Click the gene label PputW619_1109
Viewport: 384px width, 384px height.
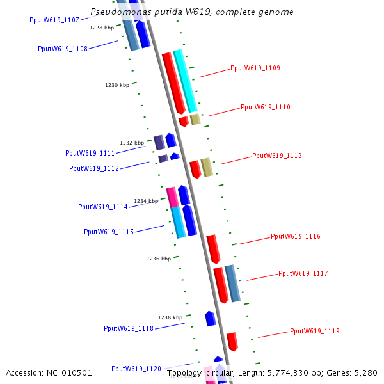(x=255, y=68)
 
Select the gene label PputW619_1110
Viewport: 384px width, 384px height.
(x=265, y=108)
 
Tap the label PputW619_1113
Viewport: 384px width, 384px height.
(x=276, y=156)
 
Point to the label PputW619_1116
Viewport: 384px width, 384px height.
(x=295, y=237)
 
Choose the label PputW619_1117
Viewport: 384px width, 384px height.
(x=303, y=274)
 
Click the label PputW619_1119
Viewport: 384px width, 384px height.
(x=314, y=332)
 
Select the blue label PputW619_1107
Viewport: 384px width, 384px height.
(x=54, y=20)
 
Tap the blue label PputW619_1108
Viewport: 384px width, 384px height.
(x=63, y=49)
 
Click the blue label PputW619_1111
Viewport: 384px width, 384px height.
(x=90, y=154)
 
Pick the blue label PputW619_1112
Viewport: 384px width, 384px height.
(x=94, y=169)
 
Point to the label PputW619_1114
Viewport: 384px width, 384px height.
(x=103, y=207)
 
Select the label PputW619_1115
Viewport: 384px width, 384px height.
(x=109, y=232)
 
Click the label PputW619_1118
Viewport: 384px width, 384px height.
(x=129, y=329)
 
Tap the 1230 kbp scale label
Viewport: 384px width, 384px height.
(x=117, y=85)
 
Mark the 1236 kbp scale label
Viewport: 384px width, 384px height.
(x=159, y=259)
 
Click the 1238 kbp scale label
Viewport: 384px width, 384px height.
(x=170, y=317)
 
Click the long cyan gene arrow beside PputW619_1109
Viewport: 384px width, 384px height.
(x=186, y=81)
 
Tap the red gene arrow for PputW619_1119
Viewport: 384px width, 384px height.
(x=232, y=341)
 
